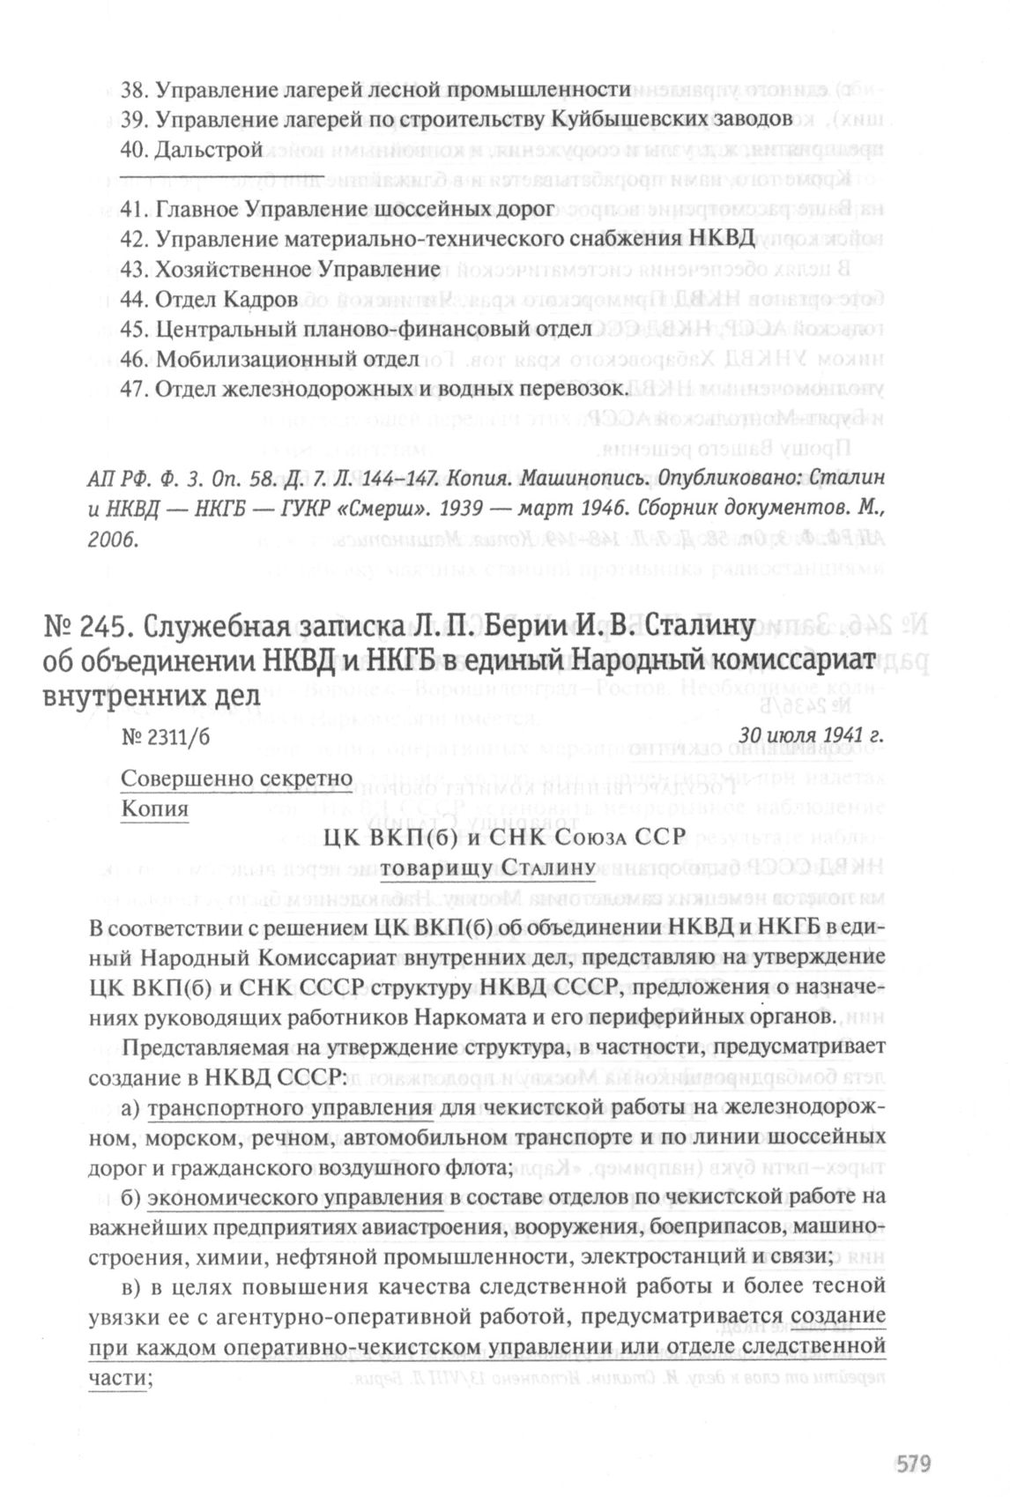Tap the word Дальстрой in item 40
(x=209, y=150)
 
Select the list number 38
(x=135, y=90)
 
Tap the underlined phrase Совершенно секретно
(x=237, y=778)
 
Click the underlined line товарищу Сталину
(x=489, y=869)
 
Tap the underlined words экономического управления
(x=294, y=1198)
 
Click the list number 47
(x=135, y=389)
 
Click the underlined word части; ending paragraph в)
(x=120, y=1378)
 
